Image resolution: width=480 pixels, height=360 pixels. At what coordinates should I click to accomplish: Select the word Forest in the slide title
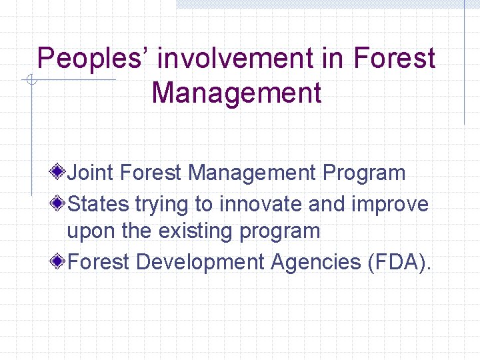(394, 59)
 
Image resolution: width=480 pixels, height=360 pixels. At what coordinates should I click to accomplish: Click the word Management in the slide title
(237, 93)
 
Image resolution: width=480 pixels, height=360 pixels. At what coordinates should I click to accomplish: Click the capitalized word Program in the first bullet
(364, 173)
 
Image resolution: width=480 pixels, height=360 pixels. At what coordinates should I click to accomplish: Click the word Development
(200, 262)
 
